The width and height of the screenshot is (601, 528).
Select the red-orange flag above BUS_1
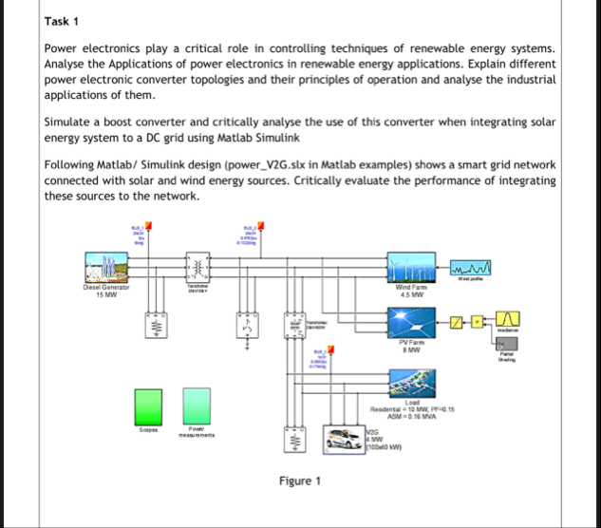147,226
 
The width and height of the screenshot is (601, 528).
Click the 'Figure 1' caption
300,481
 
